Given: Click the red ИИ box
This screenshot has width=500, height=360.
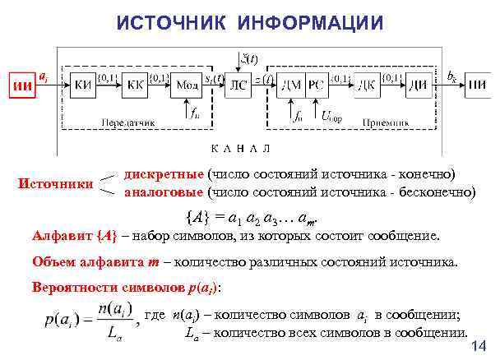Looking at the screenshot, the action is [22, 84].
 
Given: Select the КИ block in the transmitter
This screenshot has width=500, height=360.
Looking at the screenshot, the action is [82, 84].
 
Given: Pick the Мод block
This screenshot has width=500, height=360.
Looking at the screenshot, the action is [187, 84].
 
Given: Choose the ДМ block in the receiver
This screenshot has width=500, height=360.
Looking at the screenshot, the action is [290, 84].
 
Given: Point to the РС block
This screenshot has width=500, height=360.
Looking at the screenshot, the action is [315, 84].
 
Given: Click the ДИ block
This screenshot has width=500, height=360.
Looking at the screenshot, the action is [419, 84].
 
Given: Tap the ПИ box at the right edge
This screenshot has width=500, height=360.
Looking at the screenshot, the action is [476, 84].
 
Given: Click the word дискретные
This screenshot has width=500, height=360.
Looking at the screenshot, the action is [164, 174].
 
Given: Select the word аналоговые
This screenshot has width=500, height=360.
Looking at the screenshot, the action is [164, 193].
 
